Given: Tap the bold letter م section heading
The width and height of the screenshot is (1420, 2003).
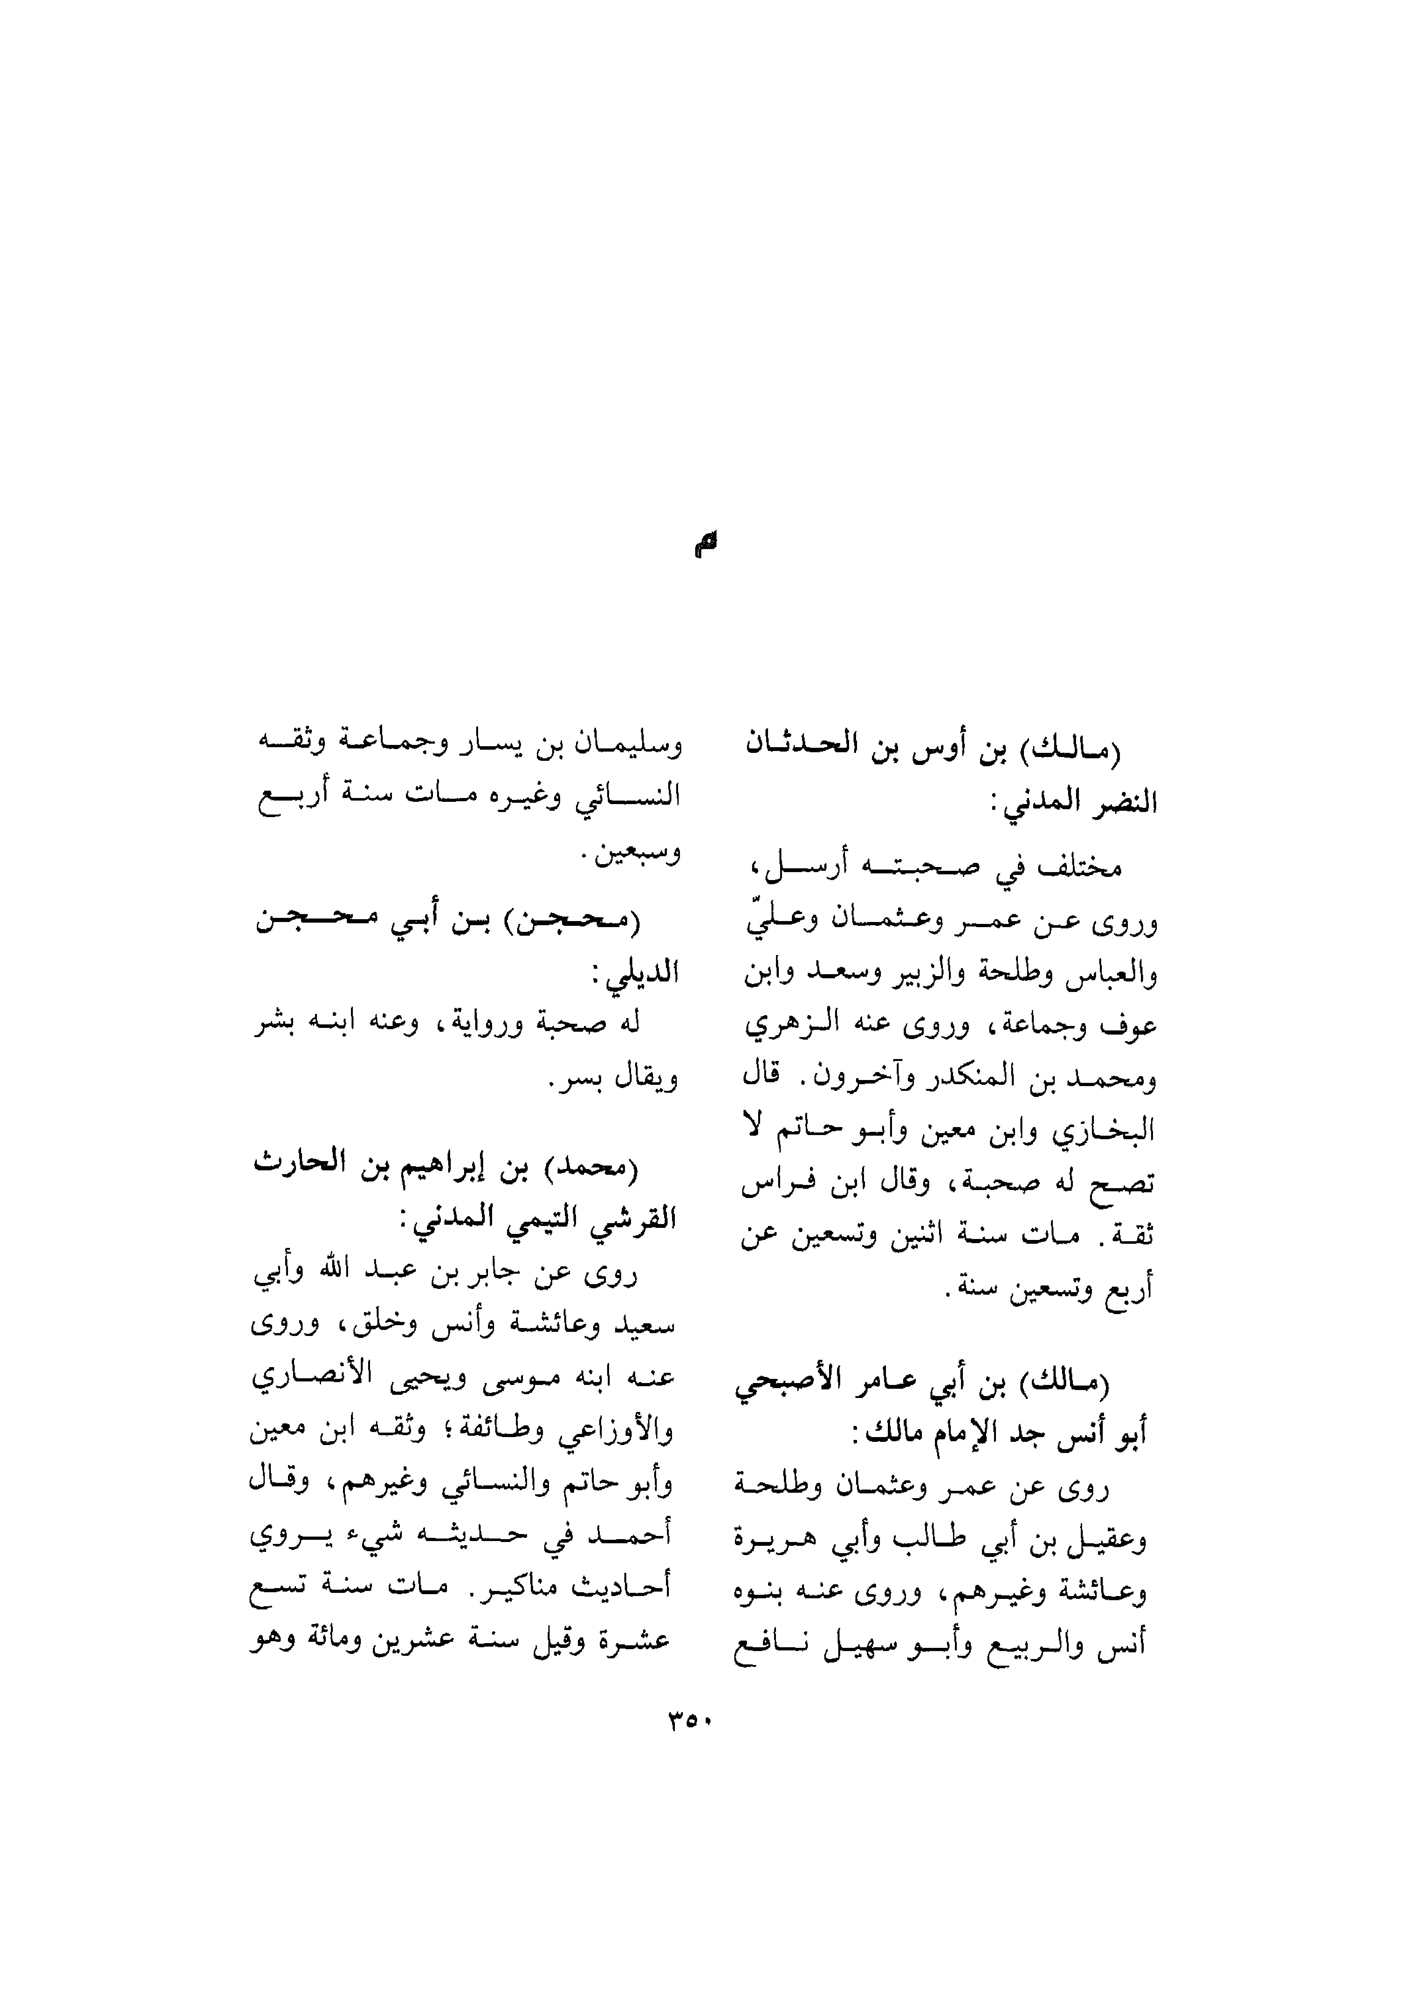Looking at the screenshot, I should pyautogui.click(x=706, y=545).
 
